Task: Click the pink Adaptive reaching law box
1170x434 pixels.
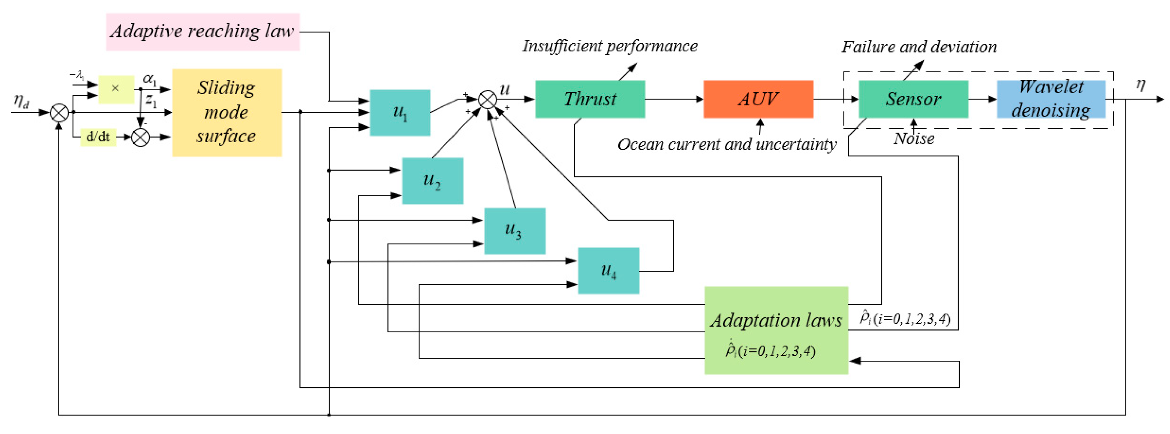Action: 203,32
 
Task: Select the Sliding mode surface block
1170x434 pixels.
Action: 227,112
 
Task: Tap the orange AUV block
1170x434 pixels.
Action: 758,99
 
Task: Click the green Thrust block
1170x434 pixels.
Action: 589,99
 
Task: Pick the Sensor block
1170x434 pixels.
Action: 913,99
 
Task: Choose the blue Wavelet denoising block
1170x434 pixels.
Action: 1051,99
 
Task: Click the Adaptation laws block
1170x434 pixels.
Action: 776,330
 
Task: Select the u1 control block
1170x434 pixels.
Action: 400,112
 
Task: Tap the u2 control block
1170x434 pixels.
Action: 432,181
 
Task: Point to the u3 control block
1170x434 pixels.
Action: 515,231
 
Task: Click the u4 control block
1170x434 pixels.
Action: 608,271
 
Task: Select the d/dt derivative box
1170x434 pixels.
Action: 98,137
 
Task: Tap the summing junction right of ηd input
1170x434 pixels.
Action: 59,112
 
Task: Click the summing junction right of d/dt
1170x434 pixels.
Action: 140,137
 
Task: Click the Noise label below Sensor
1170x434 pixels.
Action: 914,138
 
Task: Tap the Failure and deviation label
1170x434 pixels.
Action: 919,47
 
